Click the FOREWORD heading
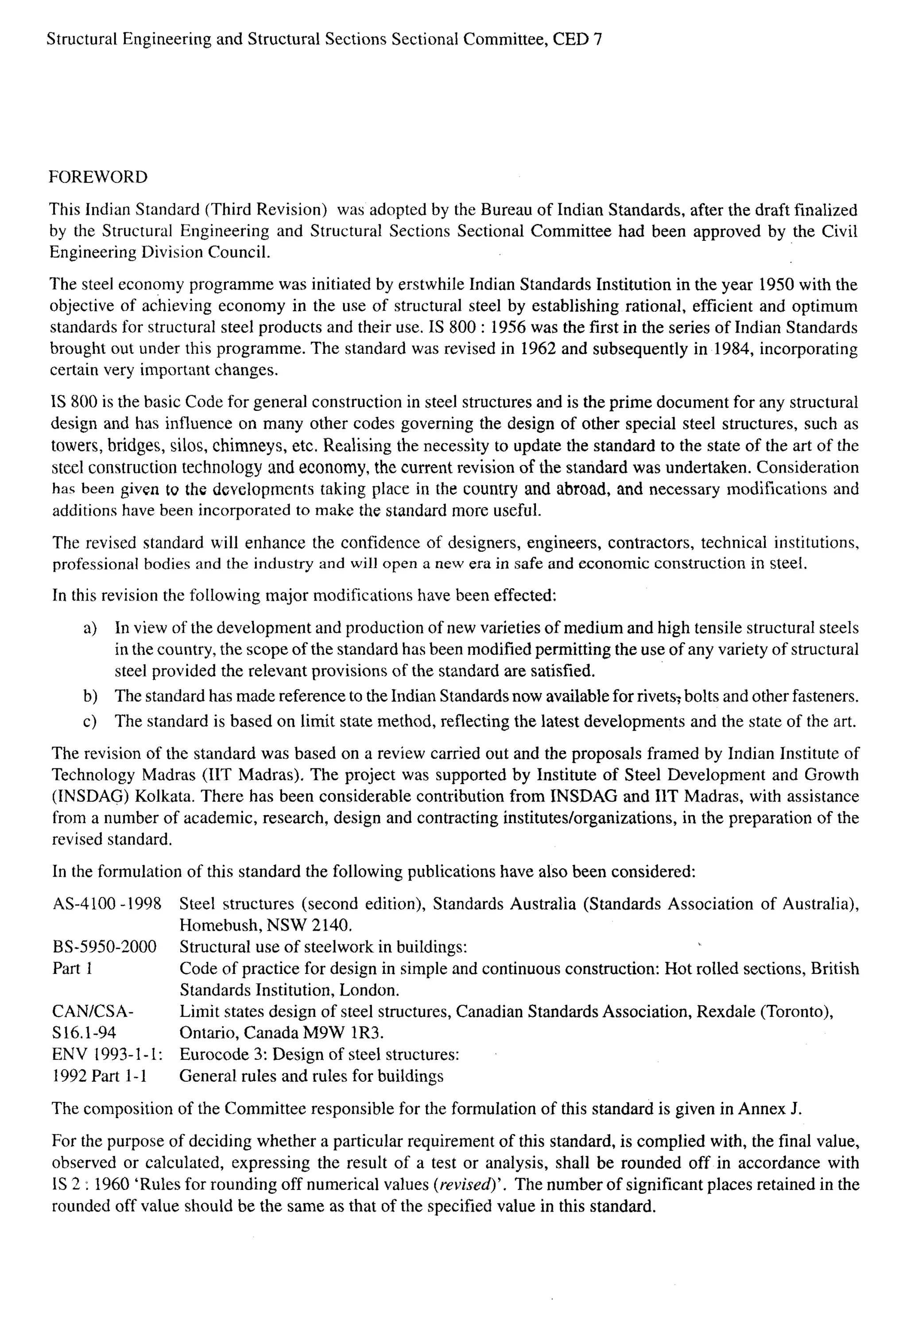[97, 177]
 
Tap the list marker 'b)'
[90, 697]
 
